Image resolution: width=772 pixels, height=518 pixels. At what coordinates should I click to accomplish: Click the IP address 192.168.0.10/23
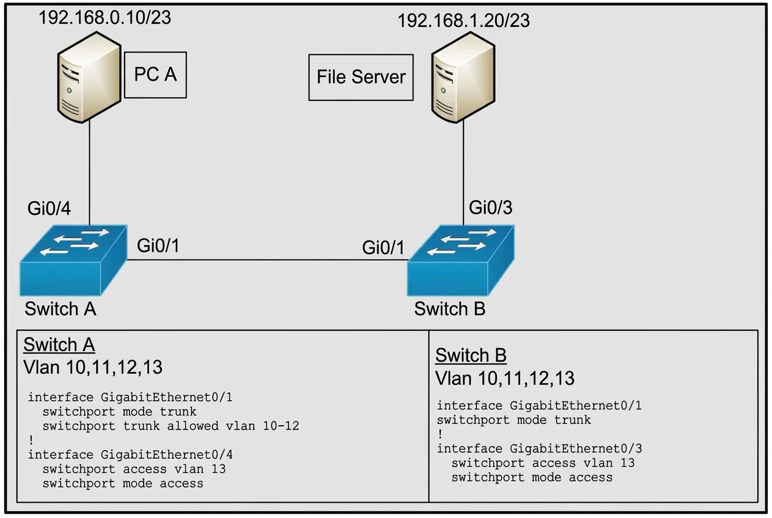(x=105, y=17)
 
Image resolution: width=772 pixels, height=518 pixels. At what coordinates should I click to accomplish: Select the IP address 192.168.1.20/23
(x=463, y=21)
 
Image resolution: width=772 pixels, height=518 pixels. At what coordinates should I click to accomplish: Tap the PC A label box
(x=155, y=75)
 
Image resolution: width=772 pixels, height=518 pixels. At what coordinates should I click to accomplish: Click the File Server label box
(x=361, y=77)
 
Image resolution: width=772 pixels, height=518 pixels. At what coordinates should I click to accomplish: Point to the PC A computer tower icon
(x=89, y=77)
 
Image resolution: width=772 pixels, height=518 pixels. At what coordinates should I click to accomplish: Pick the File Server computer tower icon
(x=463, y=77)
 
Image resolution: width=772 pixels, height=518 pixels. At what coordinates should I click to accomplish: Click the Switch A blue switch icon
(x=73, y=260)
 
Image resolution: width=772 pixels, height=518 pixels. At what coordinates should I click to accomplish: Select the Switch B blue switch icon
(x=461, y=260)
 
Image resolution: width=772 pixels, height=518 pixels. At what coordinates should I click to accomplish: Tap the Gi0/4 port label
(x=50, y=208)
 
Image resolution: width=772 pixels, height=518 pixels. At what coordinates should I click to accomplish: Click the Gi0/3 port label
(x=490, y=208)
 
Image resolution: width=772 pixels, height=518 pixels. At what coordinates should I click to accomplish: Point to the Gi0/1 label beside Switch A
(x=158, y=246)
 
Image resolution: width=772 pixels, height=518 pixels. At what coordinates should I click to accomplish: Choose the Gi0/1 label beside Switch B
(x=383, y=247)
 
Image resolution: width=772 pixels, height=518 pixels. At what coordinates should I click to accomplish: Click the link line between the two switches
(x=268, y=260)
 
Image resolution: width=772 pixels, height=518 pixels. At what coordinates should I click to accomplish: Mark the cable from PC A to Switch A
(x=89, y=173)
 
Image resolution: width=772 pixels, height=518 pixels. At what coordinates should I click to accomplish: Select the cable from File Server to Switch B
(x=463, y=173)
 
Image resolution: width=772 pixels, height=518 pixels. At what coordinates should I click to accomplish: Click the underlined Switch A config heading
(x=59, y=345)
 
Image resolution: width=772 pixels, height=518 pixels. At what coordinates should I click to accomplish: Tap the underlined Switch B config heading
(x=471, y=356)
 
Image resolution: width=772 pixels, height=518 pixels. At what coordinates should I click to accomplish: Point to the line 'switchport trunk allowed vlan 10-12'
(x=171, y=426)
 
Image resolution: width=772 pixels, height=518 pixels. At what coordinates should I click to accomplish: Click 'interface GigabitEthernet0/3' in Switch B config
(x=539, y=448)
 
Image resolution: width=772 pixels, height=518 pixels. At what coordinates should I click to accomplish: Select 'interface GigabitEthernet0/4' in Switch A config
(x=130, y=454)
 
